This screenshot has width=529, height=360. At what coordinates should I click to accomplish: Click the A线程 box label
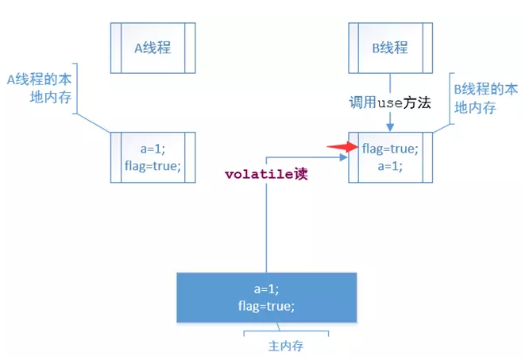pos(153,48)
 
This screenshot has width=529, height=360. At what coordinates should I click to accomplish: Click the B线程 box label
pos(390,48)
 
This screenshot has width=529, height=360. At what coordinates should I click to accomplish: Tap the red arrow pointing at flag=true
pos(342,147)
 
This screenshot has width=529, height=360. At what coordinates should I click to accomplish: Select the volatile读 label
pos(266,174)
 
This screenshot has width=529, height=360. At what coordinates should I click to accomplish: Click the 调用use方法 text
pos(390,103)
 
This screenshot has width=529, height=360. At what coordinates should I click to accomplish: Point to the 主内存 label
pos(286,346)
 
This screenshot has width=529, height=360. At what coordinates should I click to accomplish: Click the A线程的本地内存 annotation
pos(40,88)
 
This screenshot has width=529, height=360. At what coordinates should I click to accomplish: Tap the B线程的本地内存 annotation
pos(486,99)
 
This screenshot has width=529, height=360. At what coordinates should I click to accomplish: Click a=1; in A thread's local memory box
pos(153,149)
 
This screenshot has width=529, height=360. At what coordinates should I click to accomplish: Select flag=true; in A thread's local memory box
pos(153,166)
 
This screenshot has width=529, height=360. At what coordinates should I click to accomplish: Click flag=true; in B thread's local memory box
pos(390,149)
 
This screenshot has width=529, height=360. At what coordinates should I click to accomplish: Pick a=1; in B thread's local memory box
pos(390,166)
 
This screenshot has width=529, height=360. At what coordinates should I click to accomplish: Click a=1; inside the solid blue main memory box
pos(267,288)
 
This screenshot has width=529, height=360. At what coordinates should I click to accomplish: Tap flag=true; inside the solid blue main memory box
pos(267,306)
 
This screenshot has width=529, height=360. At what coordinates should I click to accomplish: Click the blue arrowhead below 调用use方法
pos(390,127)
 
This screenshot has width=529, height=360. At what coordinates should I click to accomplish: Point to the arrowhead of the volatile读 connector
pos(343,157)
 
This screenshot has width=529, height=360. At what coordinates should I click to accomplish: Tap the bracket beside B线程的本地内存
pos(450,99)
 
